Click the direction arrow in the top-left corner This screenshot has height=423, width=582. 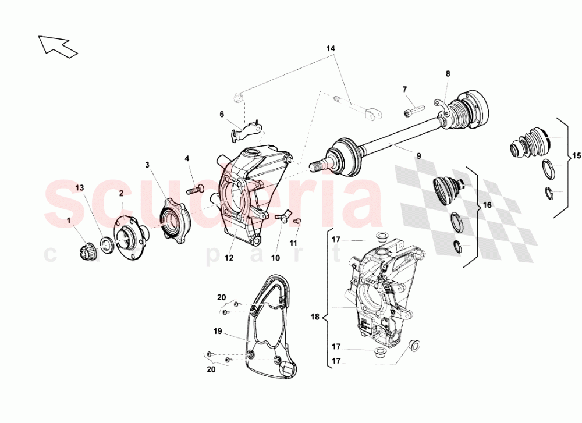click(x=58, y=46)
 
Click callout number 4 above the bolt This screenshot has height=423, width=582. click(x=187, y=158)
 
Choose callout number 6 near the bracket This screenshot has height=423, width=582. click(x=222, y=115)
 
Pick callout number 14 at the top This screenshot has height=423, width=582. click(x=331, y=48)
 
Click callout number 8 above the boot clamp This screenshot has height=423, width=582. click(x=448, y=74)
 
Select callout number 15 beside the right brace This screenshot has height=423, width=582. click(x=576, y=157)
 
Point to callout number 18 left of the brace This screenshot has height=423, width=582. click(x=315, y=318)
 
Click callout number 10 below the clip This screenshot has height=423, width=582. click(x=275, y=258)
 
